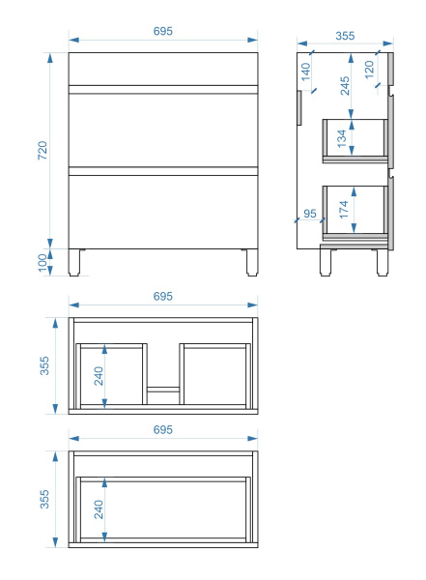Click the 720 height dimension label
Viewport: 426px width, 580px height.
pyautogui.click(x=43, y=150)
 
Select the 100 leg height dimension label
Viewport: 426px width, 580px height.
pyautogui.click(x=43, y=262)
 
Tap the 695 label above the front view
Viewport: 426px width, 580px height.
pyautogui.click(x=162, y=31)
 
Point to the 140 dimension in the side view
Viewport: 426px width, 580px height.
pyautogui.click(x=306, y=72)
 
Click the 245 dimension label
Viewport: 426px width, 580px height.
pyautogui.click(x=345, y=86)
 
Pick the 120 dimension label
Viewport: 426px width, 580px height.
pyautogui.click(x=369, y=70)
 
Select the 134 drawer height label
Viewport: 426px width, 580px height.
pyautogui.click(x=342, y=138)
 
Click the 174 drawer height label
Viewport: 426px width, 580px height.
pyautogui.click(x=344, y=210)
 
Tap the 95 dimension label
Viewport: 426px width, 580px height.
pyautogui.click(x=310, y=214)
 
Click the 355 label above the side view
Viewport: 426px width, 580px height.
pyautogui.click(x=345, y=36)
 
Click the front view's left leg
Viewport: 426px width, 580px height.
pyautogui.click(x=74, y=262)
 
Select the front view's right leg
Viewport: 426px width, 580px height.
pyautogui.click(x=252, y=262)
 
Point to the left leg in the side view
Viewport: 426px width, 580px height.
pyautogui.click(x=326, y=263)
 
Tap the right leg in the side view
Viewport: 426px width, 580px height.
pyautogui.click(x=383, y=263)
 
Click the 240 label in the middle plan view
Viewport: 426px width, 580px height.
pyautogui.click(x=99, y=376)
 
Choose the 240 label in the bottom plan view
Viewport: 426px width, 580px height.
pyautogui.click(x=99, y=509)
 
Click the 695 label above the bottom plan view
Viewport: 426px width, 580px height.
pyautogui.click(x=162, y=430)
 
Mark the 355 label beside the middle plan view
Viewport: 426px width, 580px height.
pyautogui.click(x=44, y=365)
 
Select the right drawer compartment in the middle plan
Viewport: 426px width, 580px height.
pyautogui.click(x=214, y=374)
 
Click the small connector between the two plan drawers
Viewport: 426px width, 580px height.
pyautogui.click(x=163, y=390)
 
